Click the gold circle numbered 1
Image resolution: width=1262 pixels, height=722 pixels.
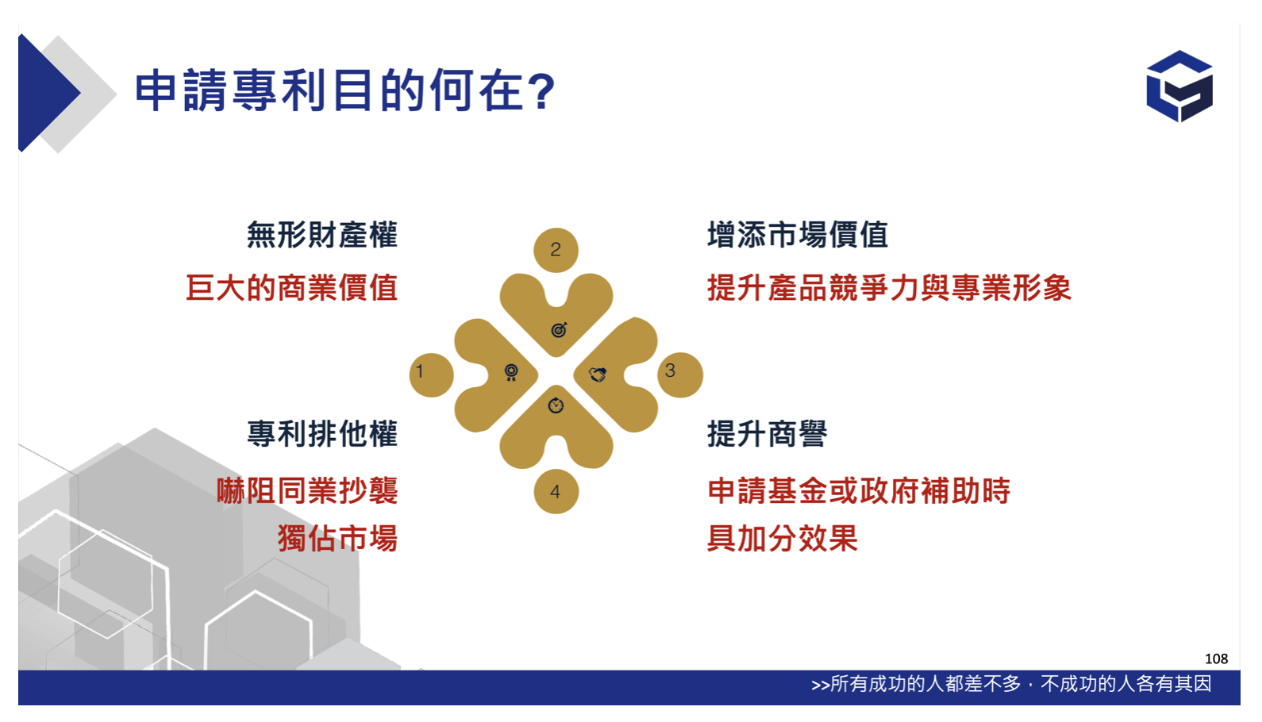point(432,375)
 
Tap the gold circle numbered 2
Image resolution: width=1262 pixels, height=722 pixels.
point(556,250)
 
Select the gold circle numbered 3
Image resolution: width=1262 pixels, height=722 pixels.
point(680,375)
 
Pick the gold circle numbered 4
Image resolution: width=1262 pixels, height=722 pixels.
point(556,491)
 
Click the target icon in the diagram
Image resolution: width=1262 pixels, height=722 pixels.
point(559,329)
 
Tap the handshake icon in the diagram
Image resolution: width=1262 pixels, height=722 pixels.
point(598,374)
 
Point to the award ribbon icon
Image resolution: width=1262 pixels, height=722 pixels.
point(511,372)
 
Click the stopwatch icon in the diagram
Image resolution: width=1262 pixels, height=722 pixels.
point(556,405)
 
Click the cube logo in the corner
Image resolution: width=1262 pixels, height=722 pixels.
point(1179,86)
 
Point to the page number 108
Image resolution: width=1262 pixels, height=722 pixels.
point(1216,659)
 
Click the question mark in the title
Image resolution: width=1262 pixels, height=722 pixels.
point(543,91)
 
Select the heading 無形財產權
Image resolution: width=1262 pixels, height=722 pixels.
point(322,235)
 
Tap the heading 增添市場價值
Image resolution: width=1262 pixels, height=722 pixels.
point(797,235)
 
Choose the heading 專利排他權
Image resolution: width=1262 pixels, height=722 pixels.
point(322,434)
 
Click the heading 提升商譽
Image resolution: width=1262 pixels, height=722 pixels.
point(767,434)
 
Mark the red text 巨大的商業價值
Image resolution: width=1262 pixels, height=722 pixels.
point(292,288)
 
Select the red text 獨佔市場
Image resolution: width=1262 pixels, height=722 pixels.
point(337,539)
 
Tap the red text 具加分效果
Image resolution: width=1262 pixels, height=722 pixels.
point(782,539)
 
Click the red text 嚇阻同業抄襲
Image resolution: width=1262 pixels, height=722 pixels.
point(307,490)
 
